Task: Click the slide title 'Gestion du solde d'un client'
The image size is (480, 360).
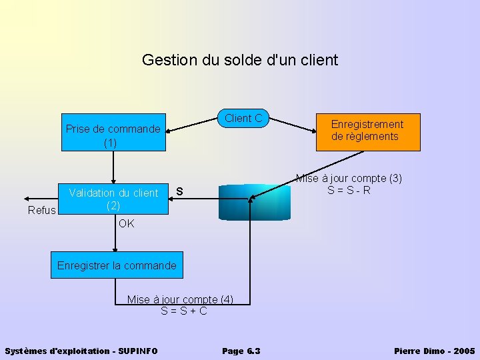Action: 240,60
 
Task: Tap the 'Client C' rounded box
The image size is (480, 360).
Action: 243,119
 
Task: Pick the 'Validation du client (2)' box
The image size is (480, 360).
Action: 113,199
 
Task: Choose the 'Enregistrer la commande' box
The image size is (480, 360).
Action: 117,265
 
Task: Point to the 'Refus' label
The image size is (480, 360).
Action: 42,211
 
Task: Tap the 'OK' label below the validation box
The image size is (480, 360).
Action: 126,224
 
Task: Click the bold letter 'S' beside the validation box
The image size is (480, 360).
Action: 179,193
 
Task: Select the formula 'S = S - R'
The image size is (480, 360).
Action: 349,191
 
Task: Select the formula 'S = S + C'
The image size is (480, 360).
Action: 184,311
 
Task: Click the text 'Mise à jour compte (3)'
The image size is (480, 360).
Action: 349,179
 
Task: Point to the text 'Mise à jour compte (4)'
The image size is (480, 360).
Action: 180,299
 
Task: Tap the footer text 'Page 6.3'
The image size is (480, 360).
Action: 241,351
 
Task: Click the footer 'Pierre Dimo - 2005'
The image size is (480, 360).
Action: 435,351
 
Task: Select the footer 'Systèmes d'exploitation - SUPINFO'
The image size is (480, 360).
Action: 81,351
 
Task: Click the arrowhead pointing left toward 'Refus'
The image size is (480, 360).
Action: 25,199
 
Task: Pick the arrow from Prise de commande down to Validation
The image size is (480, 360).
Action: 113,167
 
